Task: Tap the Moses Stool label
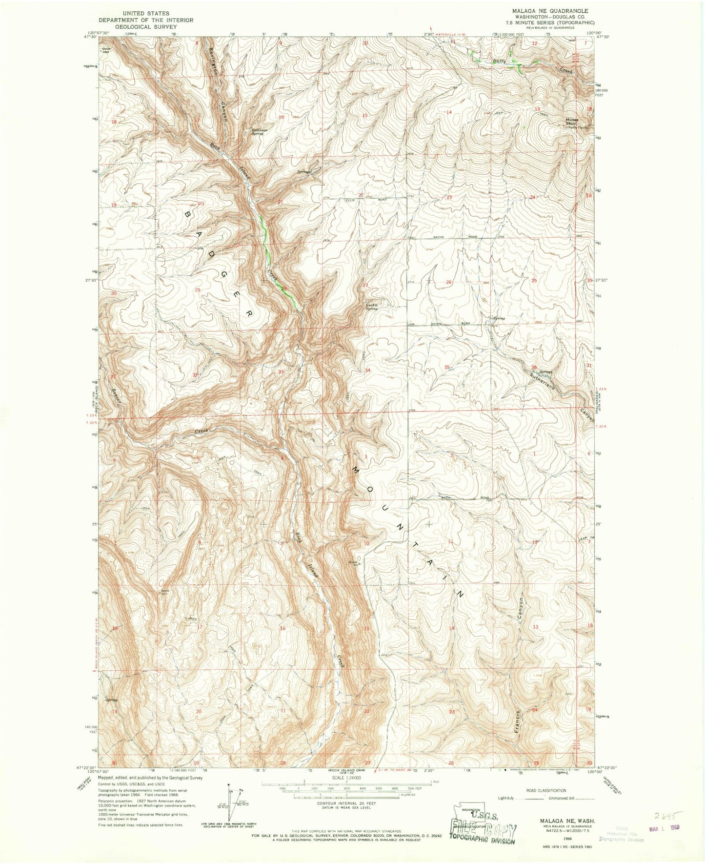click(x=572, y=121)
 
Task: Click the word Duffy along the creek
click(x=499, y=61)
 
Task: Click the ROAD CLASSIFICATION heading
click(x=546, y=790)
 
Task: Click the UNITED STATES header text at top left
click(x=146, y=13)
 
